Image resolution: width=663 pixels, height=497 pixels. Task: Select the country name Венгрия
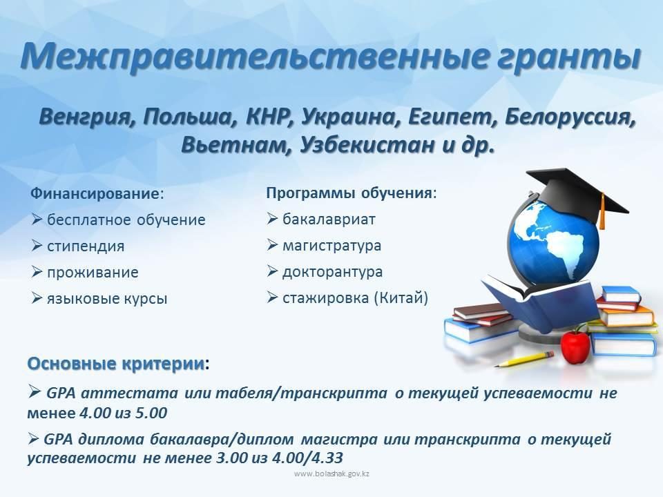87,117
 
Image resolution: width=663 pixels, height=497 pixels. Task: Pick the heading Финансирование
95,194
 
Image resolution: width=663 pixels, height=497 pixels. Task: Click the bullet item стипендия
86,246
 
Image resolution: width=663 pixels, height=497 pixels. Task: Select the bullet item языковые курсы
108,299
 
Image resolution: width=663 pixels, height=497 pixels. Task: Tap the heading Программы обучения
349,193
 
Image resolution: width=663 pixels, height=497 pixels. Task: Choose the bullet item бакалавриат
329,220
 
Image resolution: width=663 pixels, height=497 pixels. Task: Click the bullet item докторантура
333,272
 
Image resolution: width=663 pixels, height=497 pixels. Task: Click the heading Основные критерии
115,364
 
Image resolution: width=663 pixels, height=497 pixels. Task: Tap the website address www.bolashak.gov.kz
332,474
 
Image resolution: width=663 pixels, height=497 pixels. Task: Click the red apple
575,345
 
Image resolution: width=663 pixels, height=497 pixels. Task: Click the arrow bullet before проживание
37,272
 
